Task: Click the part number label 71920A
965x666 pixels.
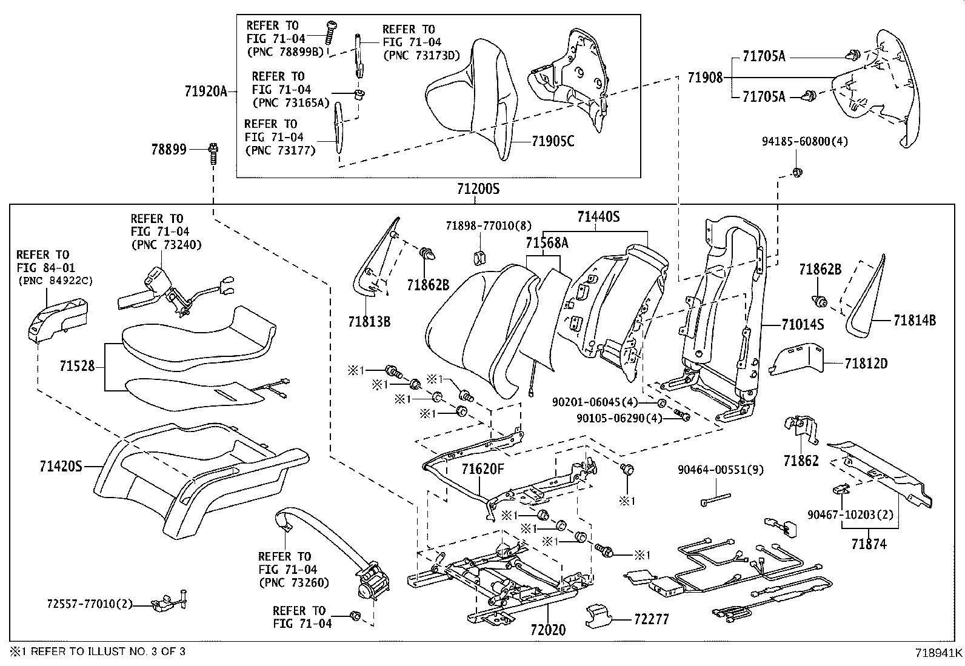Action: (205, 92)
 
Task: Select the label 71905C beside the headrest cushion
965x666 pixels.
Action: (552, 142)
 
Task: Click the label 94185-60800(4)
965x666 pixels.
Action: (804, 142)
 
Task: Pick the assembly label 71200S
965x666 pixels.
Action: (478, 188)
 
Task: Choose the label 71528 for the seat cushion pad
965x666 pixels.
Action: (77, 366)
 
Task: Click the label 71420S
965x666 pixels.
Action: (61, 467)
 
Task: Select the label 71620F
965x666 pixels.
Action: (482, 468)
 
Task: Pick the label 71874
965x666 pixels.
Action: (869, 544)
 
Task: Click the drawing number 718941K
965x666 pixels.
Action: (938, 653)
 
